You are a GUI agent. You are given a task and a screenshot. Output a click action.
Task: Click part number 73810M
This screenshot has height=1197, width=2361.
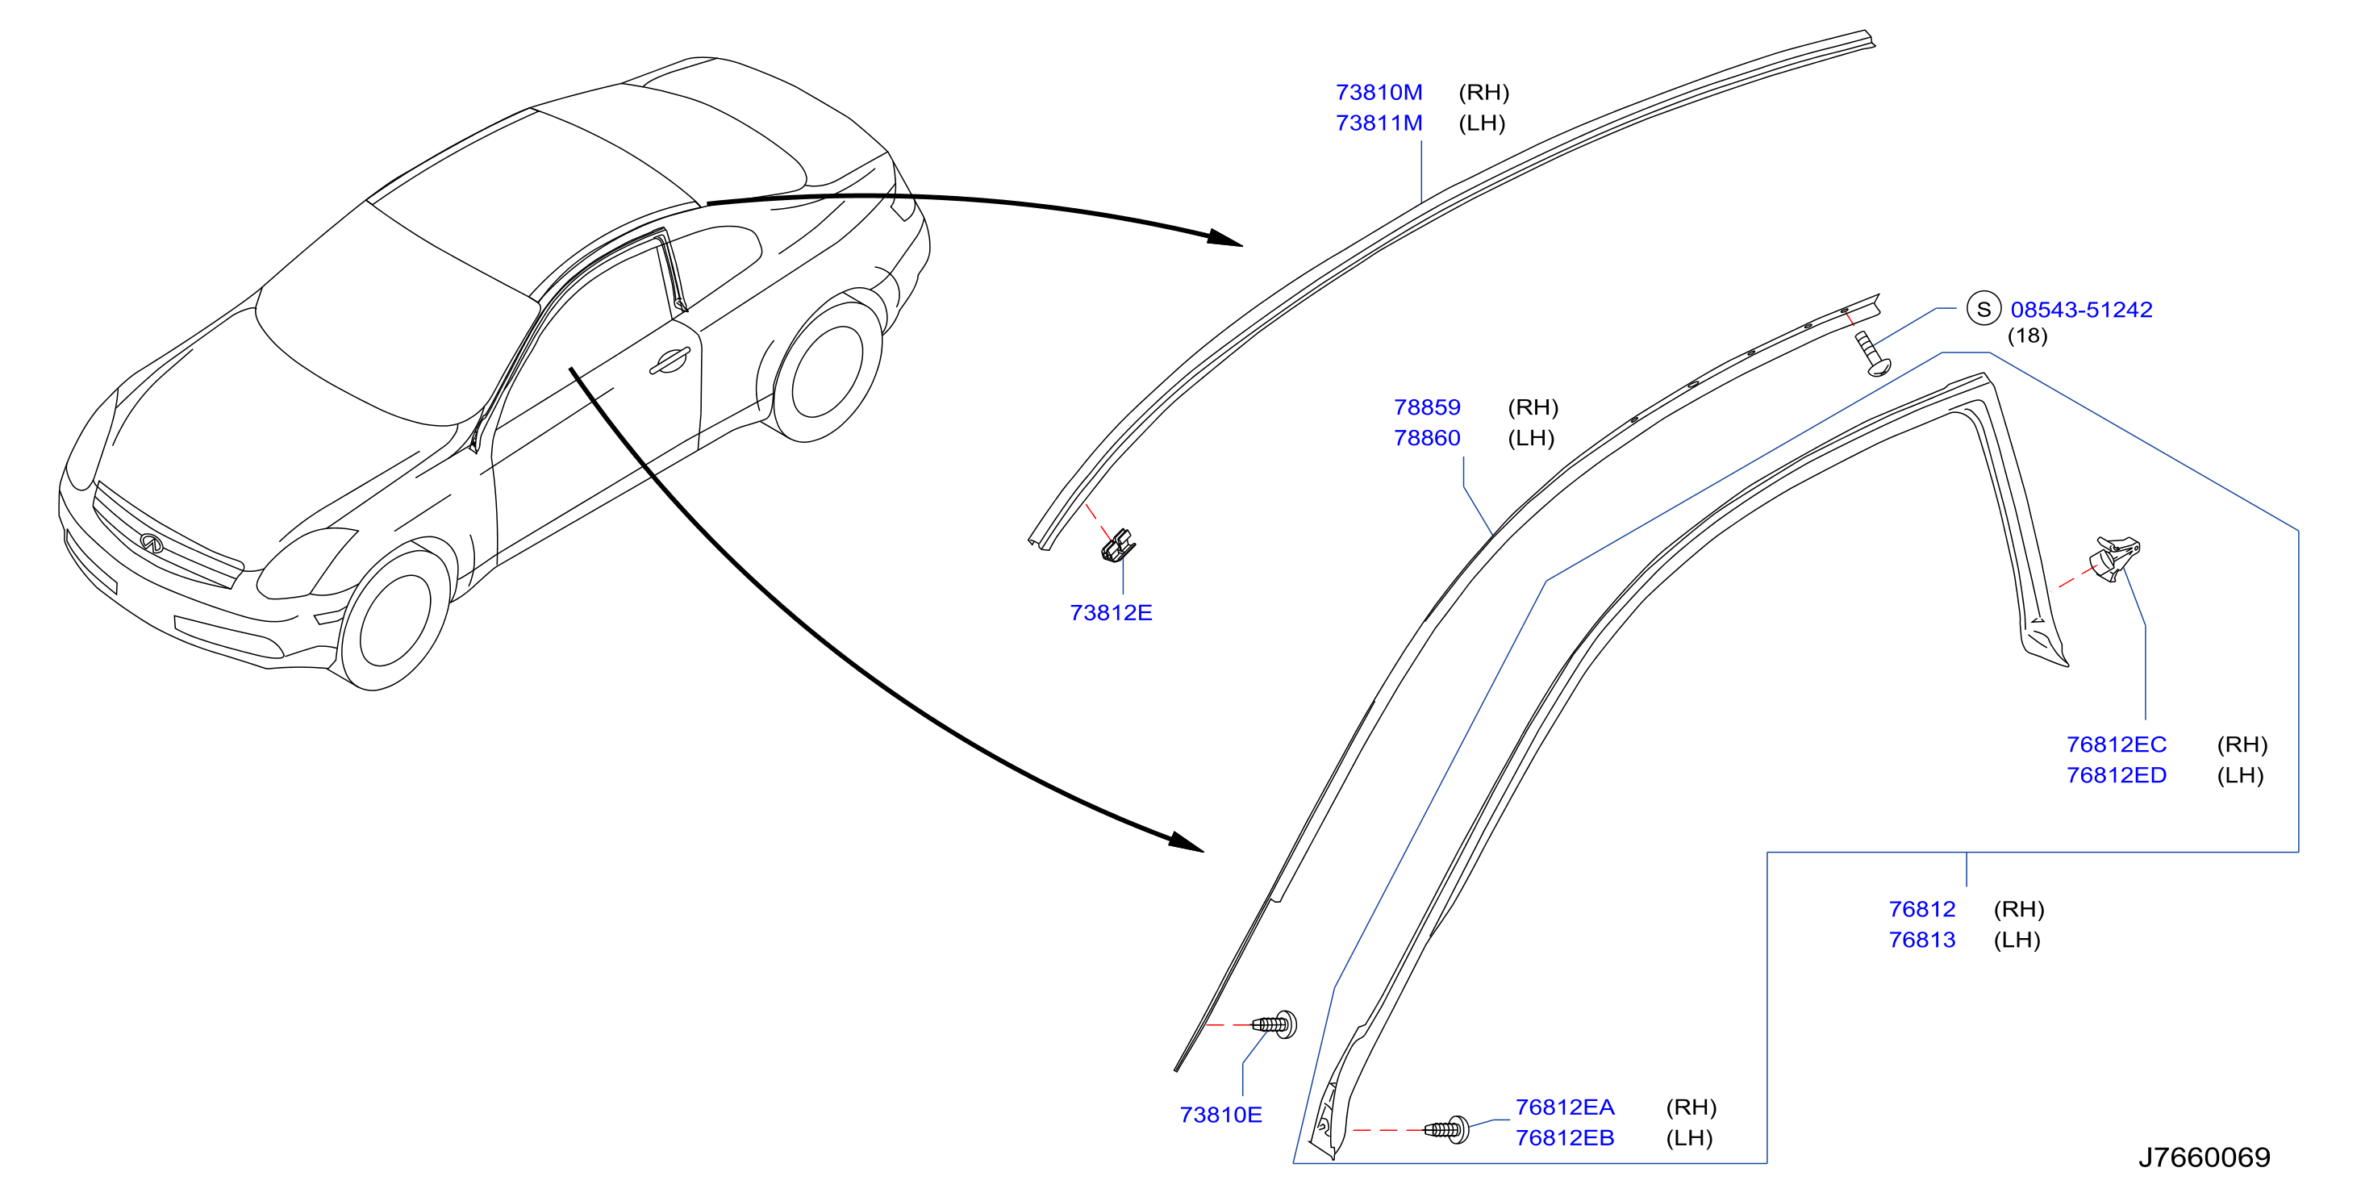tap(1379, 93)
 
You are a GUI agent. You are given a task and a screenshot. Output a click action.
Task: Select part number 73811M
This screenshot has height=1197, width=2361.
tap(1379, 123)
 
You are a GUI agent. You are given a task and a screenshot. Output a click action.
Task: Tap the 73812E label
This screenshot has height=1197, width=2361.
tap(1111, 612)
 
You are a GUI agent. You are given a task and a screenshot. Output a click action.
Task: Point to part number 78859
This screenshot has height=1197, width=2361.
tap(1427, 407)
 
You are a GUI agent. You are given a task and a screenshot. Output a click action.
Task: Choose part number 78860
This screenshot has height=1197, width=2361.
tap(1427, 437)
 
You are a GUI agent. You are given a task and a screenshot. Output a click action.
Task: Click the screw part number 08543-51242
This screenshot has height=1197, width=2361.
tap(2080, 310)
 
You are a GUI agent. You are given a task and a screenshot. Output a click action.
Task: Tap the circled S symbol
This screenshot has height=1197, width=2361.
tap(1983, 309)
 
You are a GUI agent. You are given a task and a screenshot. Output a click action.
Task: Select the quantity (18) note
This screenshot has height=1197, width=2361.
tap(2027, 336)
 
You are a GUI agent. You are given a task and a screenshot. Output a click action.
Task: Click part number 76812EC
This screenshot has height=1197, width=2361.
tap(2117, 744)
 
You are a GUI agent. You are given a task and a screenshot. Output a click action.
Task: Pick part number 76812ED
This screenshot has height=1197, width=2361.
tap(2117, 774)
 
